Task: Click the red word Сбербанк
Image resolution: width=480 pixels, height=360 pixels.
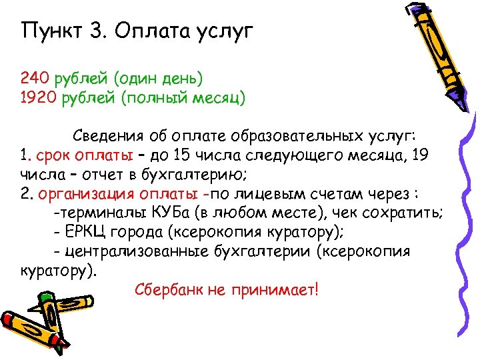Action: pyautogui.click(x=166, y=291)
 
